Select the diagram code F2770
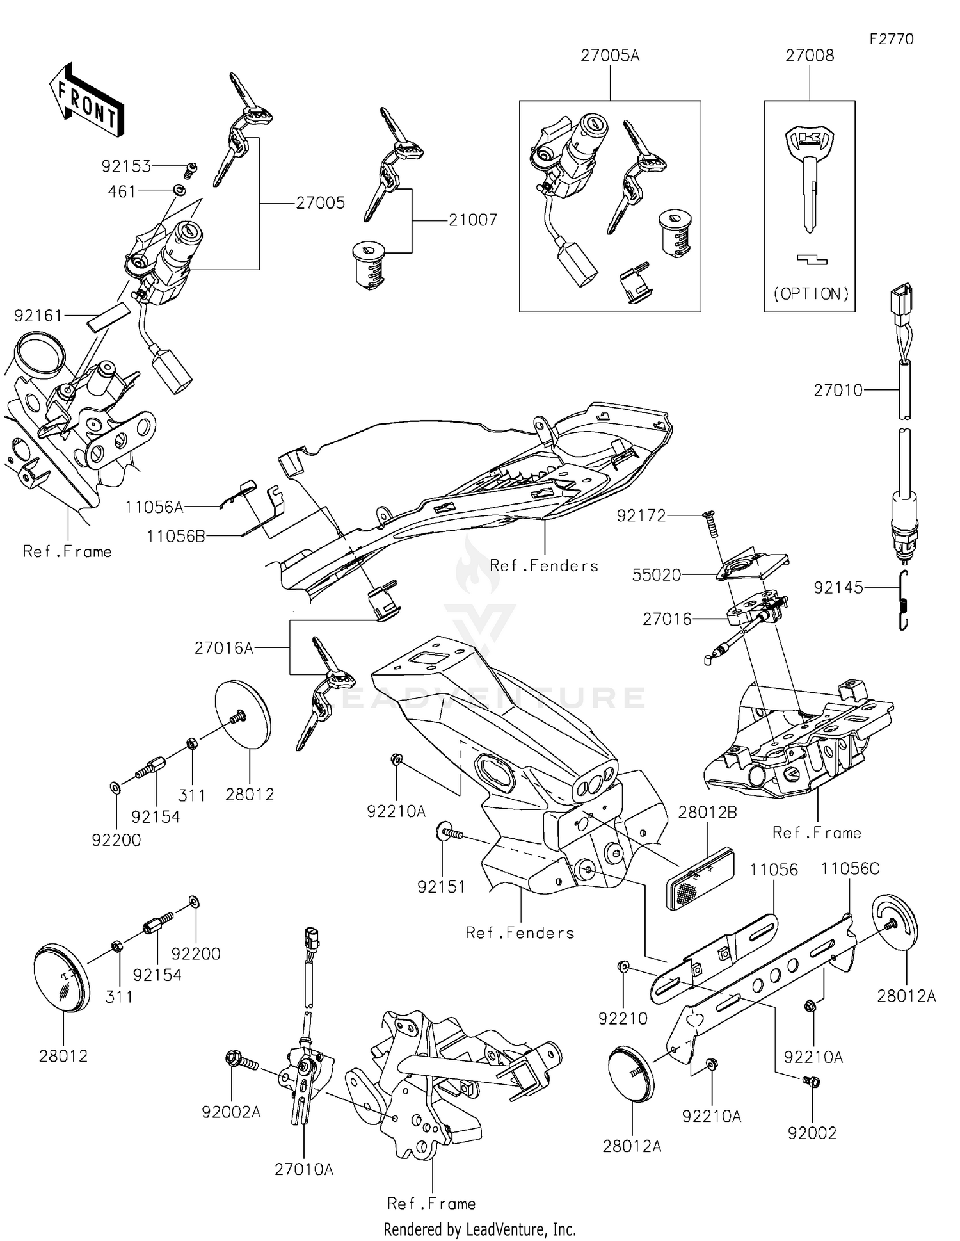[x=892, y=39]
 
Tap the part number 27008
[x=810, y=56]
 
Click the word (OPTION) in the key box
[x=811, y=294]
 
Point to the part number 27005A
[x=610, y=56]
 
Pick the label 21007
[x=472, y=220]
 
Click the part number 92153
[x=126, y=166]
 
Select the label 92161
[x=38, y=316]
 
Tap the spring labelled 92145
[x=903, y=601]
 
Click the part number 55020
[x=657, y=575]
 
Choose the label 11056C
[x=850, y=869]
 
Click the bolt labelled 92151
[x=451, y=834]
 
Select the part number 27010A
[x=304, y=1170]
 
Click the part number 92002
[x=812, y=1133]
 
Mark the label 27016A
[x=224, y=649]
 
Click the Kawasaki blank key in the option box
[x=810, y=179]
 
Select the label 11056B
[x=176, y=536]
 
